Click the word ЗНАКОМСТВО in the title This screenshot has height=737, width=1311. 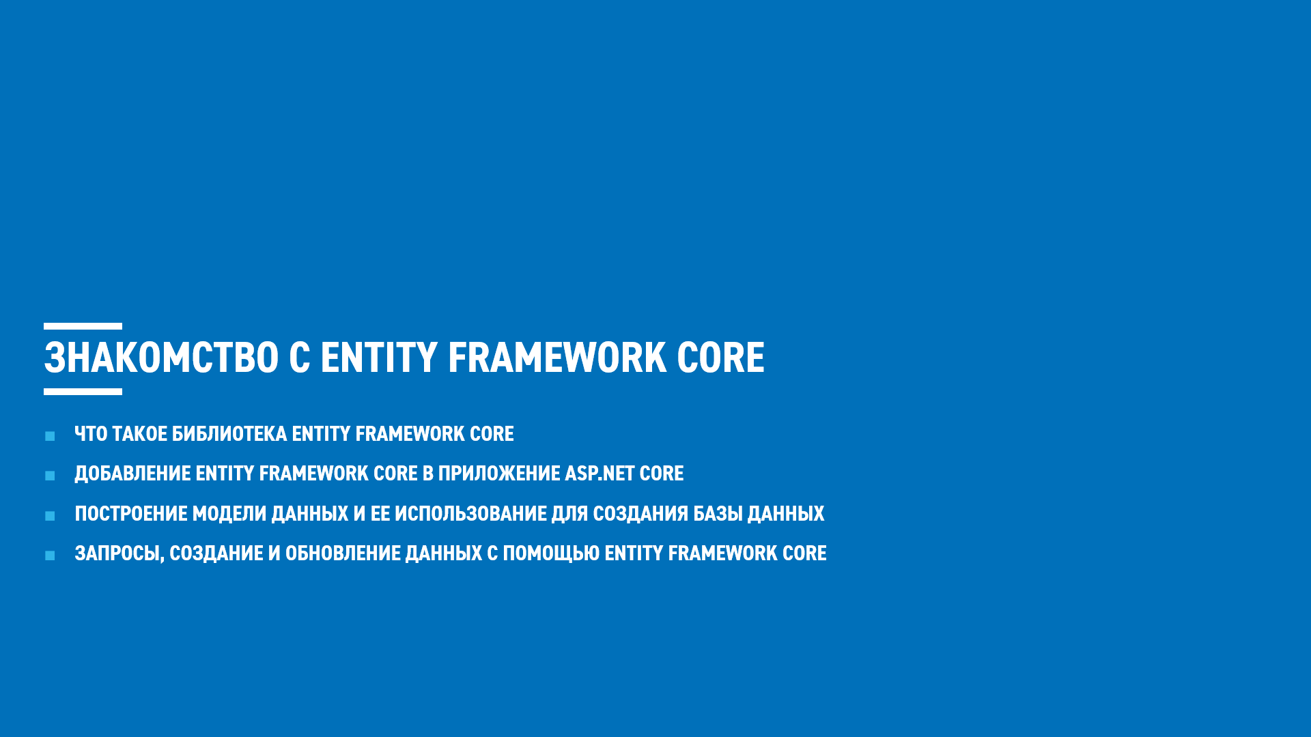pos(161,358)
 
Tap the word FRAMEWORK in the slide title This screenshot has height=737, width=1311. pos(556,358)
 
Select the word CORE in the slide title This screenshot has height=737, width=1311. pos(720,358)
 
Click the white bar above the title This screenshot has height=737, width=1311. pos(83,327)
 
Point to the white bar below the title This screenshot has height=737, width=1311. pos(83,392)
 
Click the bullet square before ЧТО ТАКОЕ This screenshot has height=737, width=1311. pos(50,436)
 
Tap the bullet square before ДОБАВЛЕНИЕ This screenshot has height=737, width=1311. pos(50,476)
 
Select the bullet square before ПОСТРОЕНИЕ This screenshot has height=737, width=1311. pos(50,516)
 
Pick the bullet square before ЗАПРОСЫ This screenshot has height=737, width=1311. pos(50,555)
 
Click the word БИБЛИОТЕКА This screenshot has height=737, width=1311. pos(229,434)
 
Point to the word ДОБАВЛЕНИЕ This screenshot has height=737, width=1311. pos(132,474)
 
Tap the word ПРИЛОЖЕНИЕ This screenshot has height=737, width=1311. pos(498,474)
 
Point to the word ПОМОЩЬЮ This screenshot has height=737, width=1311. pos(551,553)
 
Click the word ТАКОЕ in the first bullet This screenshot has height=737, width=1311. pos(139,434)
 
